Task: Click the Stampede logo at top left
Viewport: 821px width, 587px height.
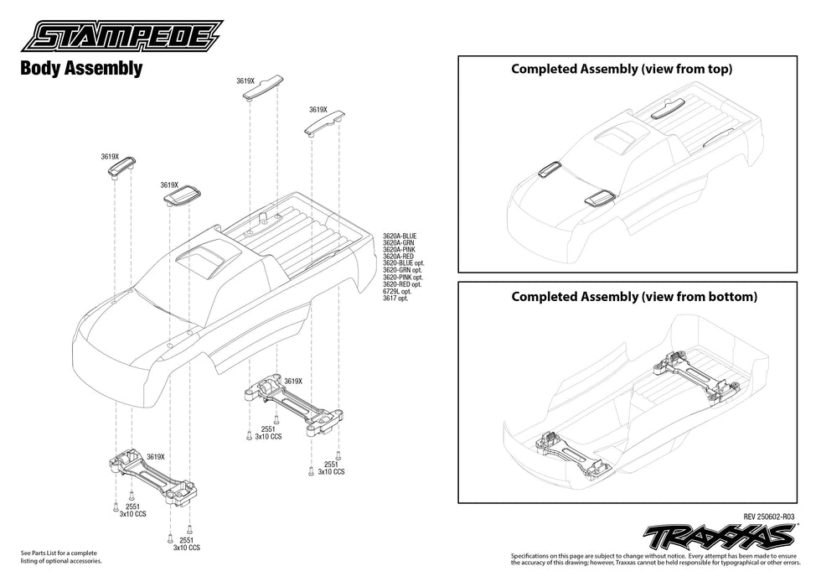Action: click(122, 37)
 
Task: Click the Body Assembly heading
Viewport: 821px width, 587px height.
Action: click(80, 69)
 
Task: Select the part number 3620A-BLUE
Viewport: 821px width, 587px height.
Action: click(399, 236)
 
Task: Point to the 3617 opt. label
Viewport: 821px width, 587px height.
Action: click(395, 299)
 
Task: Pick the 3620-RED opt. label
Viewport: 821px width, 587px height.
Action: click(402, 284)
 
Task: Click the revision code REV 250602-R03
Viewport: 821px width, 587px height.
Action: click(768, 517)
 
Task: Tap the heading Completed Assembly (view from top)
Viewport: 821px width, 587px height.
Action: click(622, 70)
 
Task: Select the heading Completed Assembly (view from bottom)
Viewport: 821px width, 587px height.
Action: click(633, 297)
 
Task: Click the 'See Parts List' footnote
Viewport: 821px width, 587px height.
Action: click(58, 557)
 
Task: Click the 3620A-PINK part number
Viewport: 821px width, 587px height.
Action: click(399, 250)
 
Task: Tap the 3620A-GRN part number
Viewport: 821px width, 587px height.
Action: click(398, 243)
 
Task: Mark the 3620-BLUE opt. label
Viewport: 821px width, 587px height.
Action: click(403, 263)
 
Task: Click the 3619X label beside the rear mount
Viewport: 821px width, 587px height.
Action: click(292, 381)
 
